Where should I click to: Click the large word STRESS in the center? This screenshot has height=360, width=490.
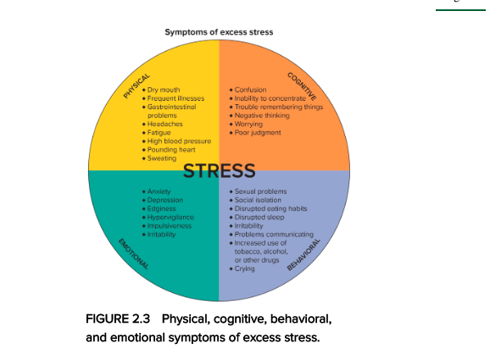tap(219, 171)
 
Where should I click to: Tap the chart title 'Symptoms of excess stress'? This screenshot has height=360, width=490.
tap(219, 32)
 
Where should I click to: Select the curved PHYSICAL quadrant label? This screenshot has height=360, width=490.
tap(136, 86)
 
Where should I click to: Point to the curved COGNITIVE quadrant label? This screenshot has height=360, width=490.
tap(302, 86)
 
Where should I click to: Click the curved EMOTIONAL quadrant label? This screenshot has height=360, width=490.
tap(133, 254)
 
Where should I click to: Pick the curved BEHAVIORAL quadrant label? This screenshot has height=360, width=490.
tap(303, 254)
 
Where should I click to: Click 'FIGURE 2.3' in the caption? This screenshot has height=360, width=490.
tap(118, 318)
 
